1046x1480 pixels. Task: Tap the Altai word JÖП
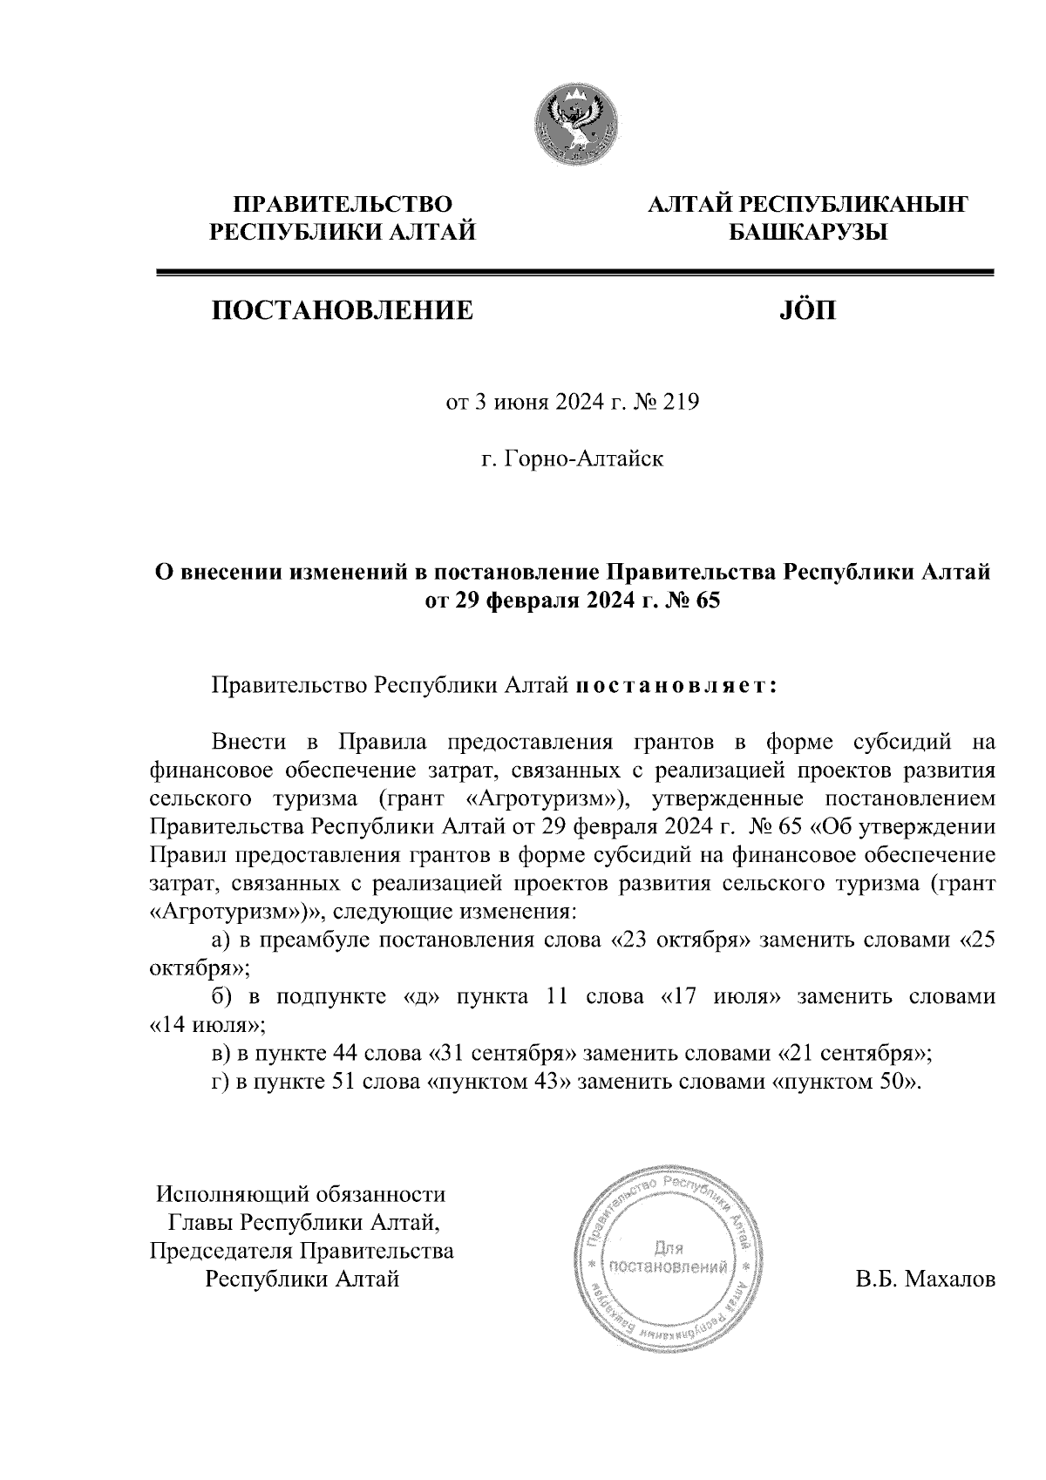[805, 309]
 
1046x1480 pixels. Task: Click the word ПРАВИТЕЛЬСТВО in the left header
[342, 205]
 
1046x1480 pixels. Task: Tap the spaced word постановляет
[675, 685]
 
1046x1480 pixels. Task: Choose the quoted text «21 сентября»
[852, 1053]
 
